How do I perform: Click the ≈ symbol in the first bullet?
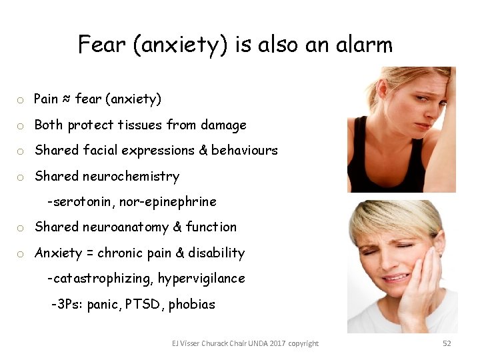67,99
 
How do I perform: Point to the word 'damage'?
224,125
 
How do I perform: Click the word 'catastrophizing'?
91,279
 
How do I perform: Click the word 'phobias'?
192,305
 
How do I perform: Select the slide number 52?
447,343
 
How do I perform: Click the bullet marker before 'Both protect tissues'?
21,126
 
